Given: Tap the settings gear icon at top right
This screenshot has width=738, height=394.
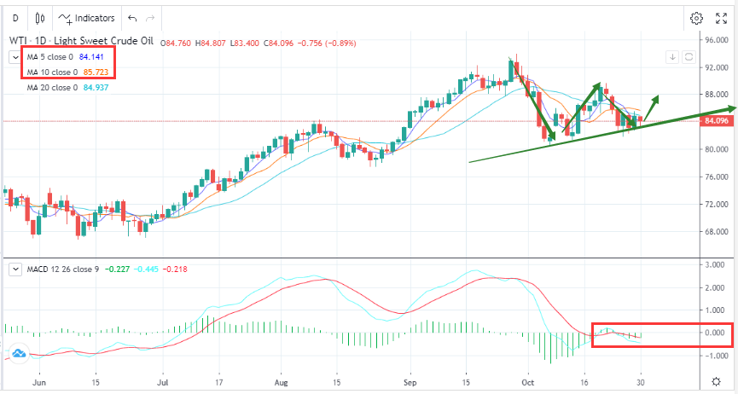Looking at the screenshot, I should pos(696,18).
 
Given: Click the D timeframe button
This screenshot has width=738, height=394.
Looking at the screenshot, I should pos(14,17).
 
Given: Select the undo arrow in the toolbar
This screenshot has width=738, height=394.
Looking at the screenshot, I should pos(131,17).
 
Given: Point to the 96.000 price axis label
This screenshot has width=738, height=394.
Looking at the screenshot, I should pos(715,39).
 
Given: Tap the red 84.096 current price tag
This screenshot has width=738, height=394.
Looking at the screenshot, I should pos(715,121).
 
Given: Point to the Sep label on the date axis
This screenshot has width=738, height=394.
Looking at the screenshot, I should pos(410,384).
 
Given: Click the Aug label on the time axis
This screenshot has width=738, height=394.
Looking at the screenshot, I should pos(282,384).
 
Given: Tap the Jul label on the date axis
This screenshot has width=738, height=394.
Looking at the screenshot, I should pos(163,384).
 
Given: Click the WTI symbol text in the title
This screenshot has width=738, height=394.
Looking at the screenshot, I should pos(18,41).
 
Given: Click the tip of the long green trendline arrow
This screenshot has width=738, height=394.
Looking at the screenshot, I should pos(734,108).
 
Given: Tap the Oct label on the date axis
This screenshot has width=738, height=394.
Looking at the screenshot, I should pos(528,384).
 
